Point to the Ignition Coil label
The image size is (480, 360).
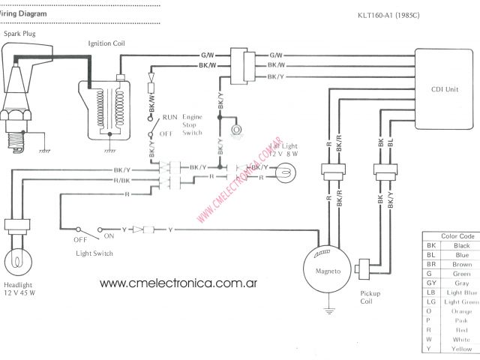107,44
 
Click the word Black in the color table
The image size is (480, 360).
461,245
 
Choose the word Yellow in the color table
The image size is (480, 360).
461,349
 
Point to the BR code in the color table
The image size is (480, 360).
431,264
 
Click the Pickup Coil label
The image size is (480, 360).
371,297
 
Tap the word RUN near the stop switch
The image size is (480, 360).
170,118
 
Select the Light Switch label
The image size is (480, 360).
94,253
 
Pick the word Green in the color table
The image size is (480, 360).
461,274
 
